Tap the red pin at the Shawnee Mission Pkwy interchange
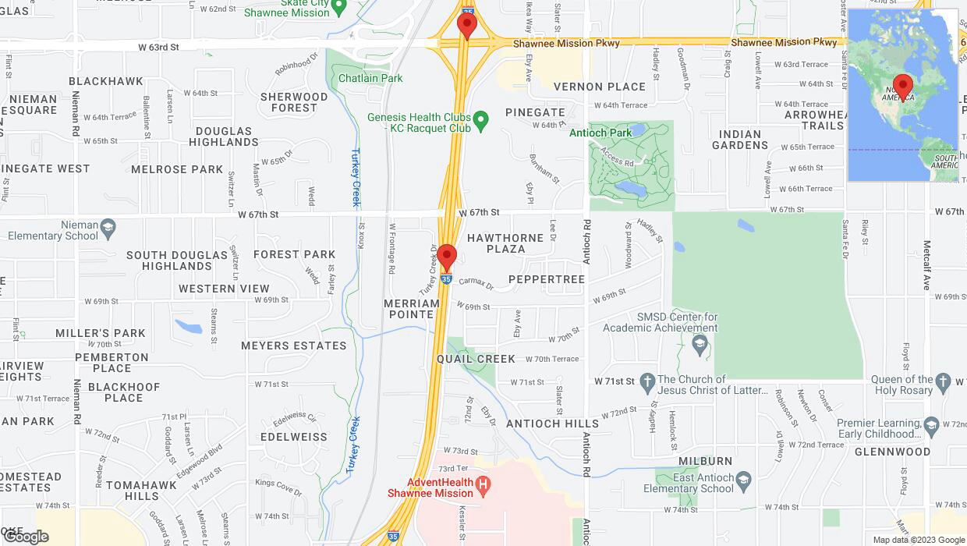(466, 25)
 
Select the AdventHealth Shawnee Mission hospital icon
(483, 486)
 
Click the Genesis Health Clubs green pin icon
(481, 119)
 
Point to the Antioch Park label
(600, 133)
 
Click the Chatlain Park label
(370, 78)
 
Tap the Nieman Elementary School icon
(108, 227)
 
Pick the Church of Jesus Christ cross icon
(646, 382)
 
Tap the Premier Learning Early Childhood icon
(931, 426)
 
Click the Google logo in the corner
(26, 537)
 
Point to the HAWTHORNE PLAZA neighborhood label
(505, 243)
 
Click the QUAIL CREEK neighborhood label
(476, 359)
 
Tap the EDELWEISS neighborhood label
(294, 437)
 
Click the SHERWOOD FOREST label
(294, 102)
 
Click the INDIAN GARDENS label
(740, 140)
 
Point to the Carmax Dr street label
(476, 285)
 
